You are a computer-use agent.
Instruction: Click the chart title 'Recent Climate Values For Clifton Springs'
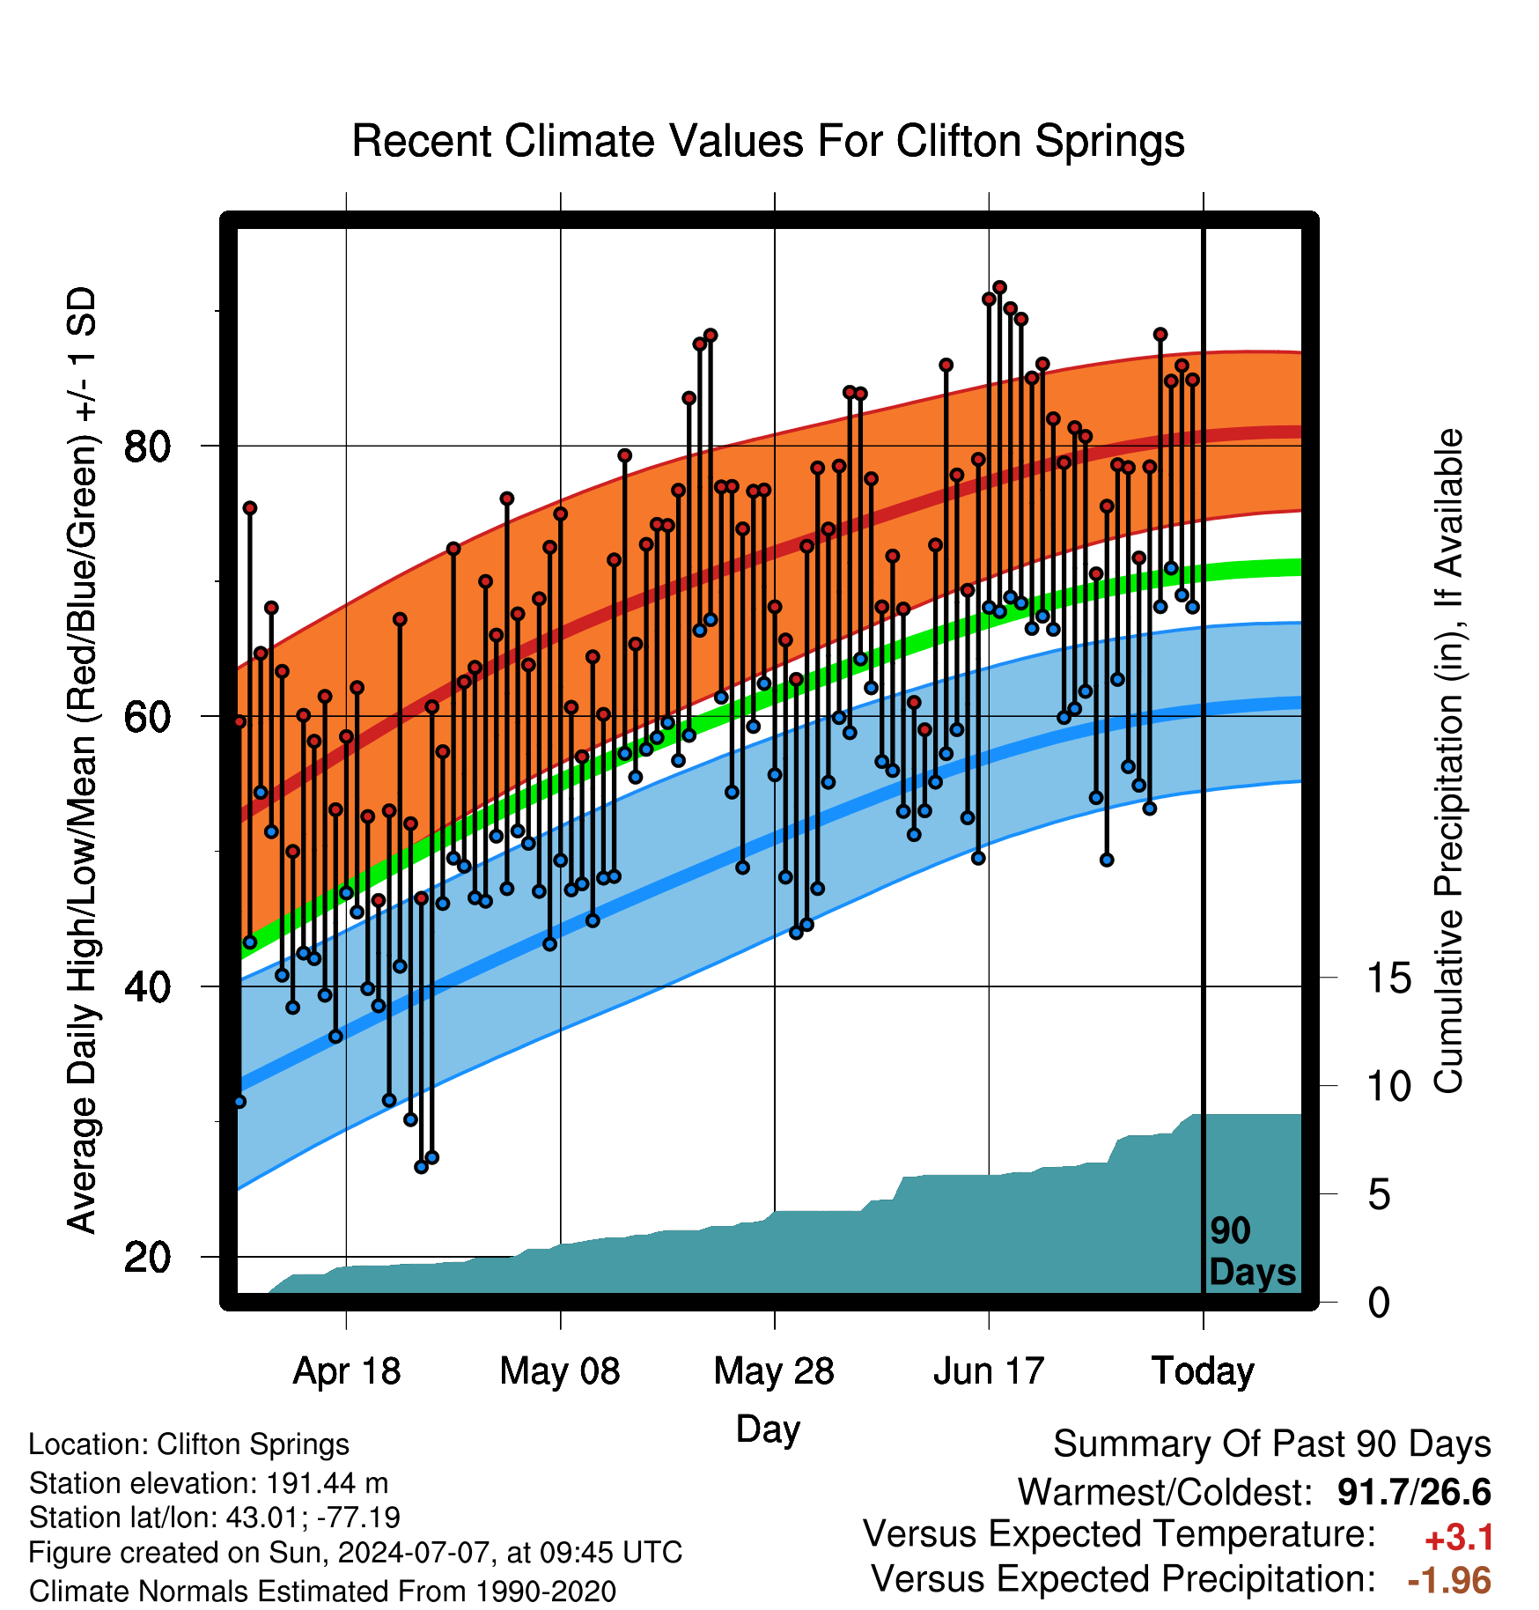[x=768, y=141]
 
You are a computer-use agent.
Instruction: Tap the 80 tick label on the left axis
[x=147, y=447]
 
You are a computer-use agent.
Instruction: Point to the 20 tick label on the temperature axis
[x=147, y=1257]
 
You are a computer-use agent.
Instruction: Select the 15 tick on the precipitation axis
[x=1388, y=979]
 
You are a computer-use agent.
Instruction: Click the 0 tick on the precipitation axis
[x=1380, y=1303]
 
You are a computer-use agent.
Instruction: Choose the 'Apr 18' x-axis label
[x=346, y=1371]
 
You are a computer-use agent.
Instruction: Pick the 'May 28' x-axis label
[x=774, y=1371]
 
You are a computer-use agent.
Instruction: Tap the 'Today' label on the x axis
[x=1203, y=1371]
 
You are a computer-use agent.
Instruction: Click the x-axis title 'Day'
[x=768, y=1429]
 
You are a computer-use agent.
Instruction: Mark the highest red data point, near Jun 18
[x=999, y=287]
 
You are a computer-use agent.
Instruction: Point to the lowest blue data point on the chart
[x=421, y=1167]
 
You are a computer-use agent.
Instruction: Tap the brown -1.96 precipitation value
[x=1449, y=1580]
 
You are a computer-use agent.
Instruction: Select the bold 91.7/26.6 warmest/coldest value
[x=1414, y=1492]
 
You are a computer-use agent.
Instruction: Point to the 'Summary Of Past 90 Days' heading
[x=1272, y=1444]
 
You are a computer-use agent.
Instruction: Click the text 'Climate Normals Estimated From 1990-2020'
[x=322, y=1592]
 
